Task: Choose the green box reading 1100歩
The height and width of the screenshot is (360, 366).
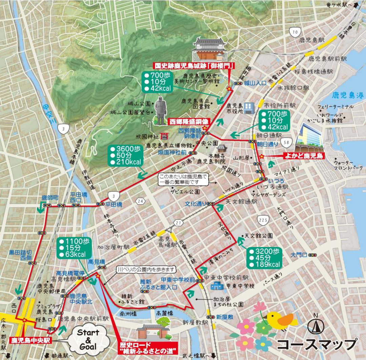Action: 75,248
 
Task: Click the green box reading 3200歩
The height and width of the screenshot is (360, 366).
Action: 265,258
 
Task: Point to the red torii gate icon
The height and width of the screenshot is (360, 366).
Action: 165,136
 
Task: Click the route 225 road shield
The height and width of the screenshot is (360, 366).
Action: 263,220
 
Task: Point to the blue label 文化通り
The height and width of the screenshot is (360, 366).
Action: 196,204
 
